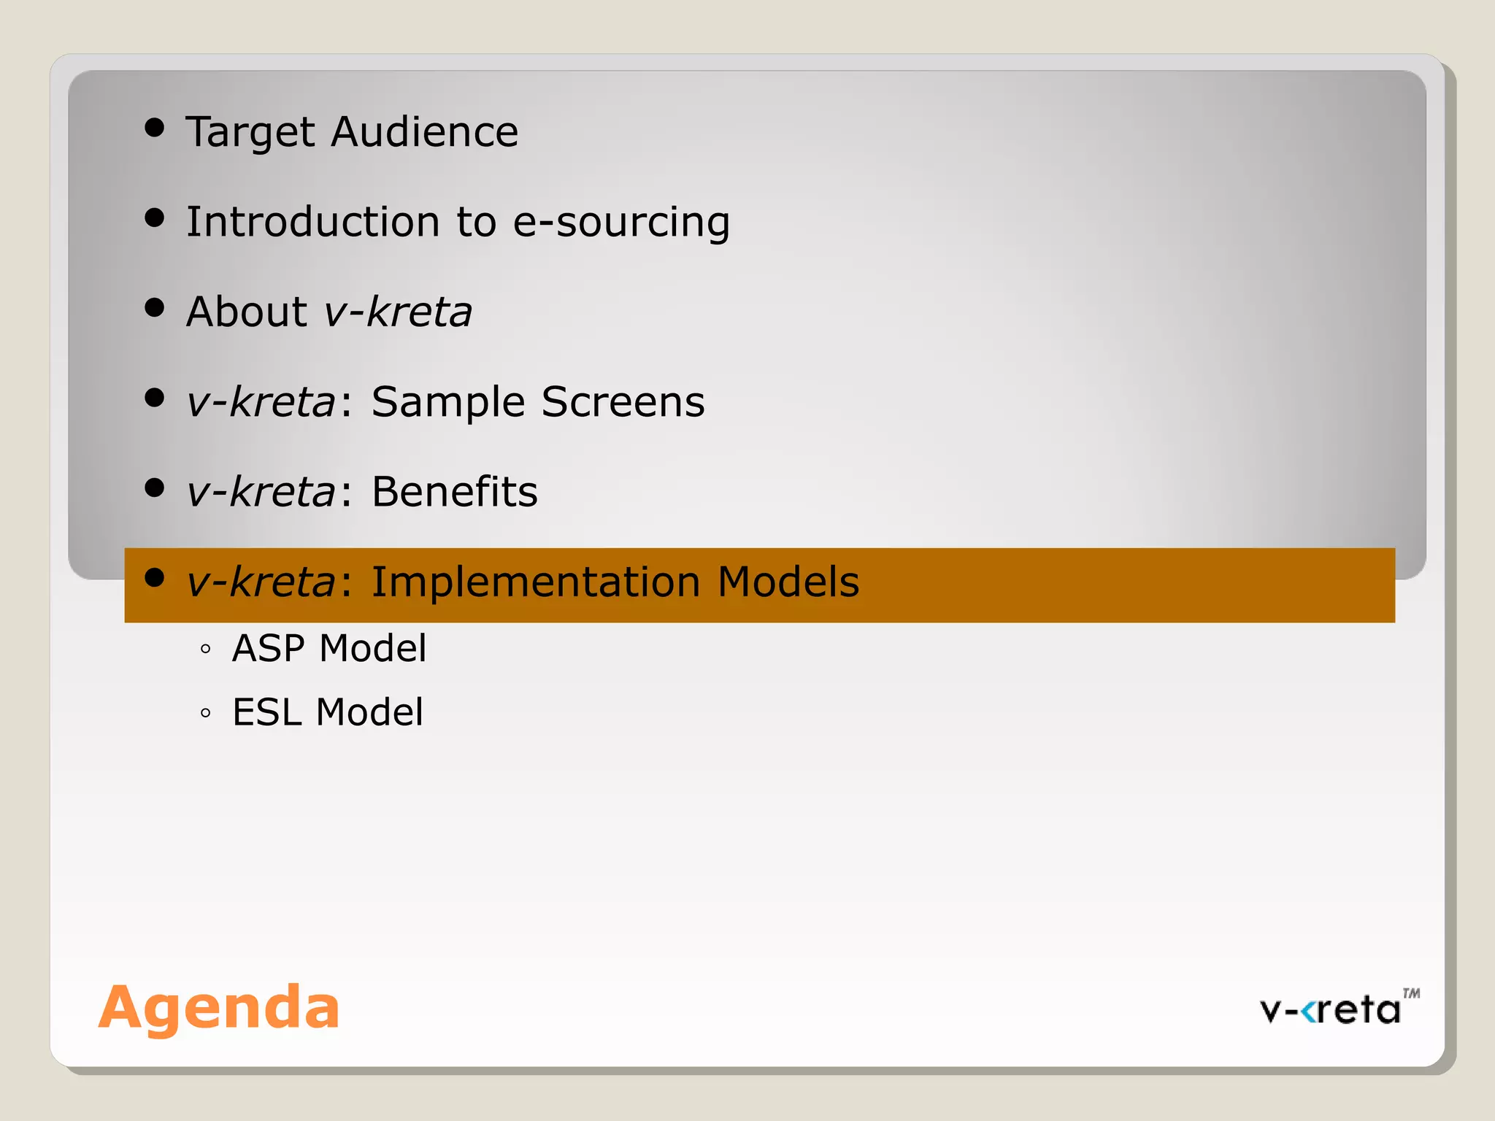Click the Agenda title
pos(219,1007)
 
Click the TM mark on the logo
pos(1411,993)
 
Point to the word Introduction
pos(312,222)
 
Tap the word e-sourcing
pos(621,223)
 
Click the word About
pos(247,312)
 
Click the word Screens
pos(623,402)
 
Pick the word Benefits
pos(455,492)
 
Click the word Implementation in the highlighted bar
pos(536,582)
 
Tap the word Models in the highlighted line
pos(788,582)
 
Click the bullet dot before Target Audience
pos(154,128)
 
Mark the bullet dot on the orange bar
pos(154,578)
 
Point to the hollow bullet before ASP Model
pos(205,649)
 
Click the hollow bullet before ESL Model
pos(205,713)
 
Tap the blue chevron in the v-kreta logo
pos(1310,1012)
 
